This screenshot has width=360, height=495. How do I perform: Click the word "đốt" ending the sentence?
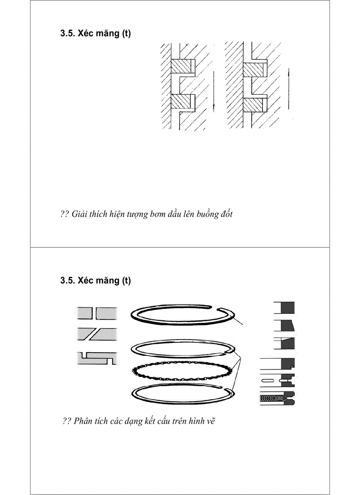[x=226, y=215]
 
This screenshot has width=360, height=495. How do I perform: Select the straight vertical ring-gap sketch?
[x=97, y=313]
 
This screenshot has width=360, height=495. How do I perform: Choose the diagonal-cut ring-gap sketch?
[x=97, y=335]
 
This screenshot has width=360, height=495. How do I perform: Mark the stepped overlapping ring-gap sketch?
[x=97, y=357]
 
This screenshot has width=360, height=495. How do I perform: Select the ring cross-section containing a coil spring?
[x=277, y=399]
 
